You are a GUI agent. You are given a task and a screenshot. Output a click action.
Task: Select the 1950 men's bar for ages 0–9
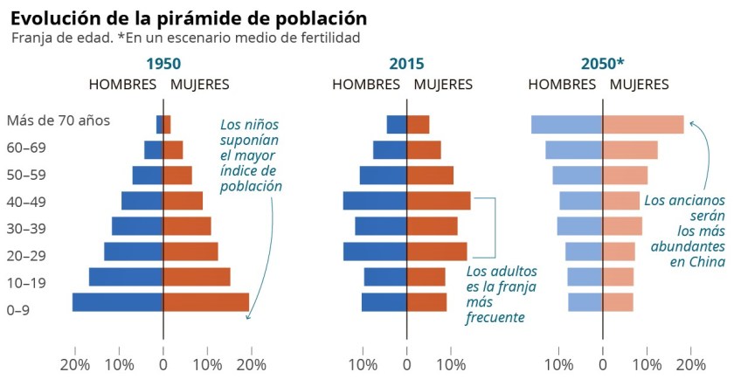coord(117,302)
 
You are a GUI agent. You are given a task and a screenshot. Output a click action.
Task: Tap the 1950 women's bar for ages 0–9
coord(206,302)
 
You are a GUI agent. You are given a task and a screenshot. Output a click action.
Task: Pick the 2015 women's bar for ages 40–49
coord(439,201)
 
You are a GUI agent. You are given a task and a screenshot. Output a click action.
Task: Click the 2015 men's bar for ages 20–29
coord(375,252)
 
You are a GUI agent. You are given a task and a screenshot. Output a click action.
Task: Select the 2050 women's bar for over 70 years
coord(643,125)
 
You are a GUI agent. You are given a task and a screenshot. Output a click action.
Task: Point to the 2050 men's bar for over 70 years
coord(566,125)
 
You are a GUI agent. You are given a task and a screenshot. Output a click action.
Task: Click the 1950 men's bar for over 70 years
coord(160,125)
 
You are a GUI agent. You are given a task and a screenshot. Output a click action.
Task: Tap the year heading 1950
coord(163,64)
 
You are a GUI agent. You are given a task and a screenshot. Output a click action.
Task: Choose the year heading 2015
coord(406,64)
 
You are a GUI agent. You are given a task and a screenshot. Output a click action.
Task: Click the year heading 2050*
coord(603,64)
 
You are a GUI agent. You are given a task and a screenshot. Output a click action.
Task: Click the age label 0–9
coord(18,310)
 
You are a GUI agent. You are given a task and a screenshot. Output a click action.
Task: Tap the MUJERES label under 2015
coord(443,85)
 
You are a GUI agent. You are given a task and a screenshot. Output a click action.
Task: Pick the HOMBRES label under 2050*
coord(562,85)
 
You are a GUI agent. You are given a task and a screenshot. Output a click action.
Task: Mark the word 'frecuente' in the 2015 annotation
coord(495,317)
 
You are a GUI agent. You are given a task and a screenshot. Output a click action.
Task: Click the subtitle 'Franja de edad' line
coord(186,38)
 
